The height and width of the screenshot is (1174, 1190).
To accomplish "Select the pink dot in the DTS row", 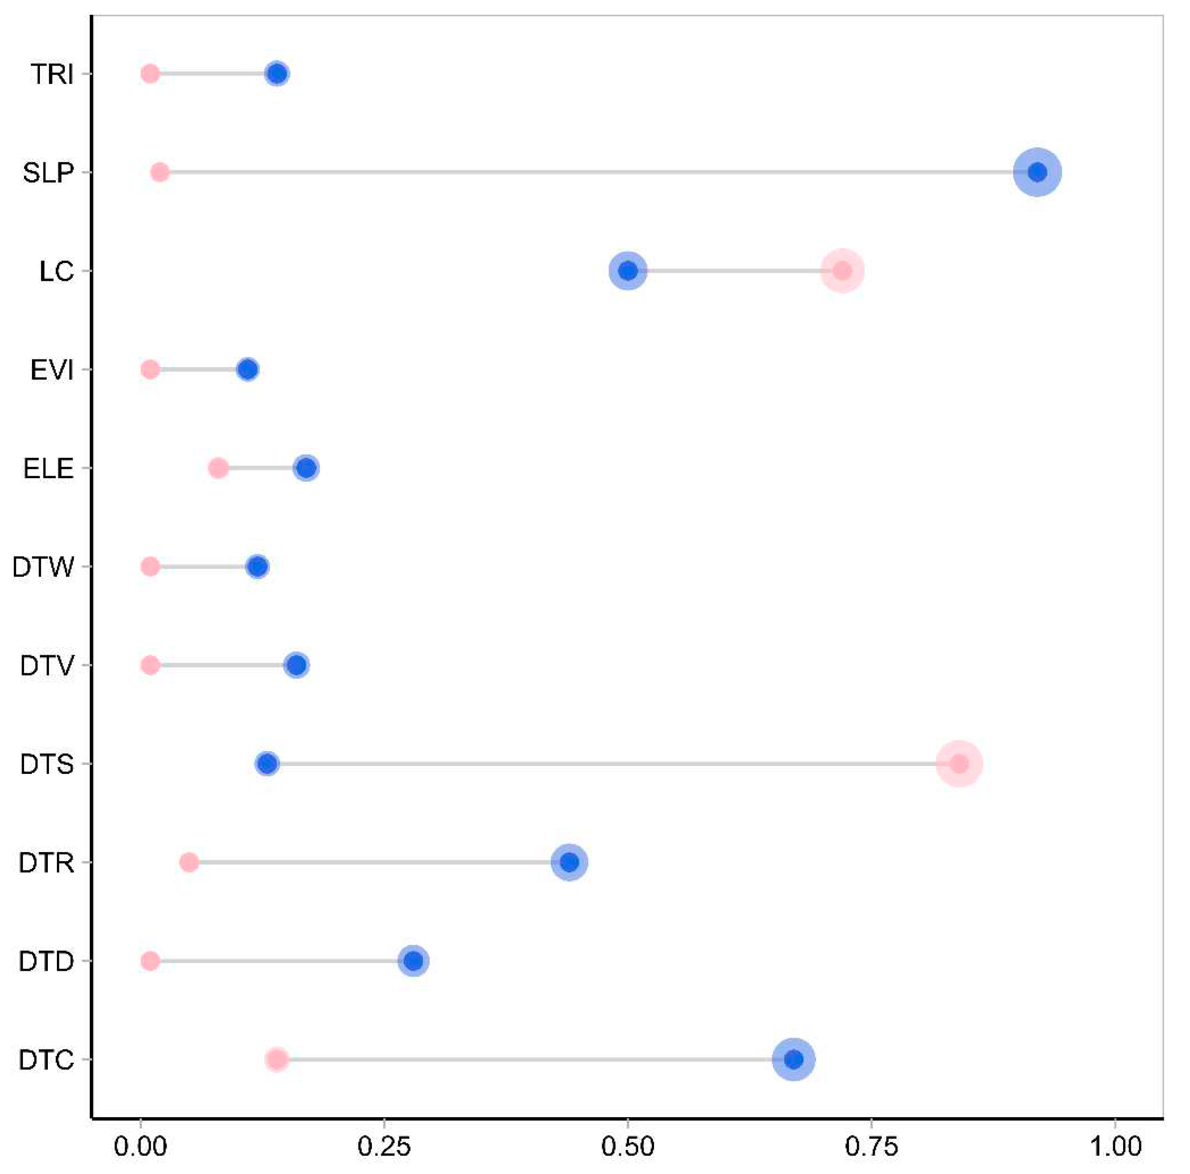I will click(959, 764).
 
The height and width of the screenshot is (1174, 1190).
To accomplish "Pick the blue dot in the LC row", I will click(628, 270).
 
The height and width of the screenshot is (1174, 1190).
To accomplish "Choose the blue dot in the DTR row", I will click(570, 862).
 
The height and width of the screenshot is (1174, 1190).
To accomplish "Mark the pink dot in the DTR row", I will click(189, 862).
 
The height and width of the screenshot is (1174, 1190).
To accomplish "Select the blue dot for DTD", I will click(414, 961).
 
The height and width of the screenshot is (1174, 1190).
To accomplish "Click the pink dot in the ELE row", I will click(218, 468).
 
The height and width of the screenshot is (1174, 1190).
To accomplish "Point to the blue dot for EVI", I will click(248, 370).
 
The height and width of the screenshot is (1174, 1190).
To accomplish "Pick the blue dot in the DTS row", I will click(267, 764).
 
